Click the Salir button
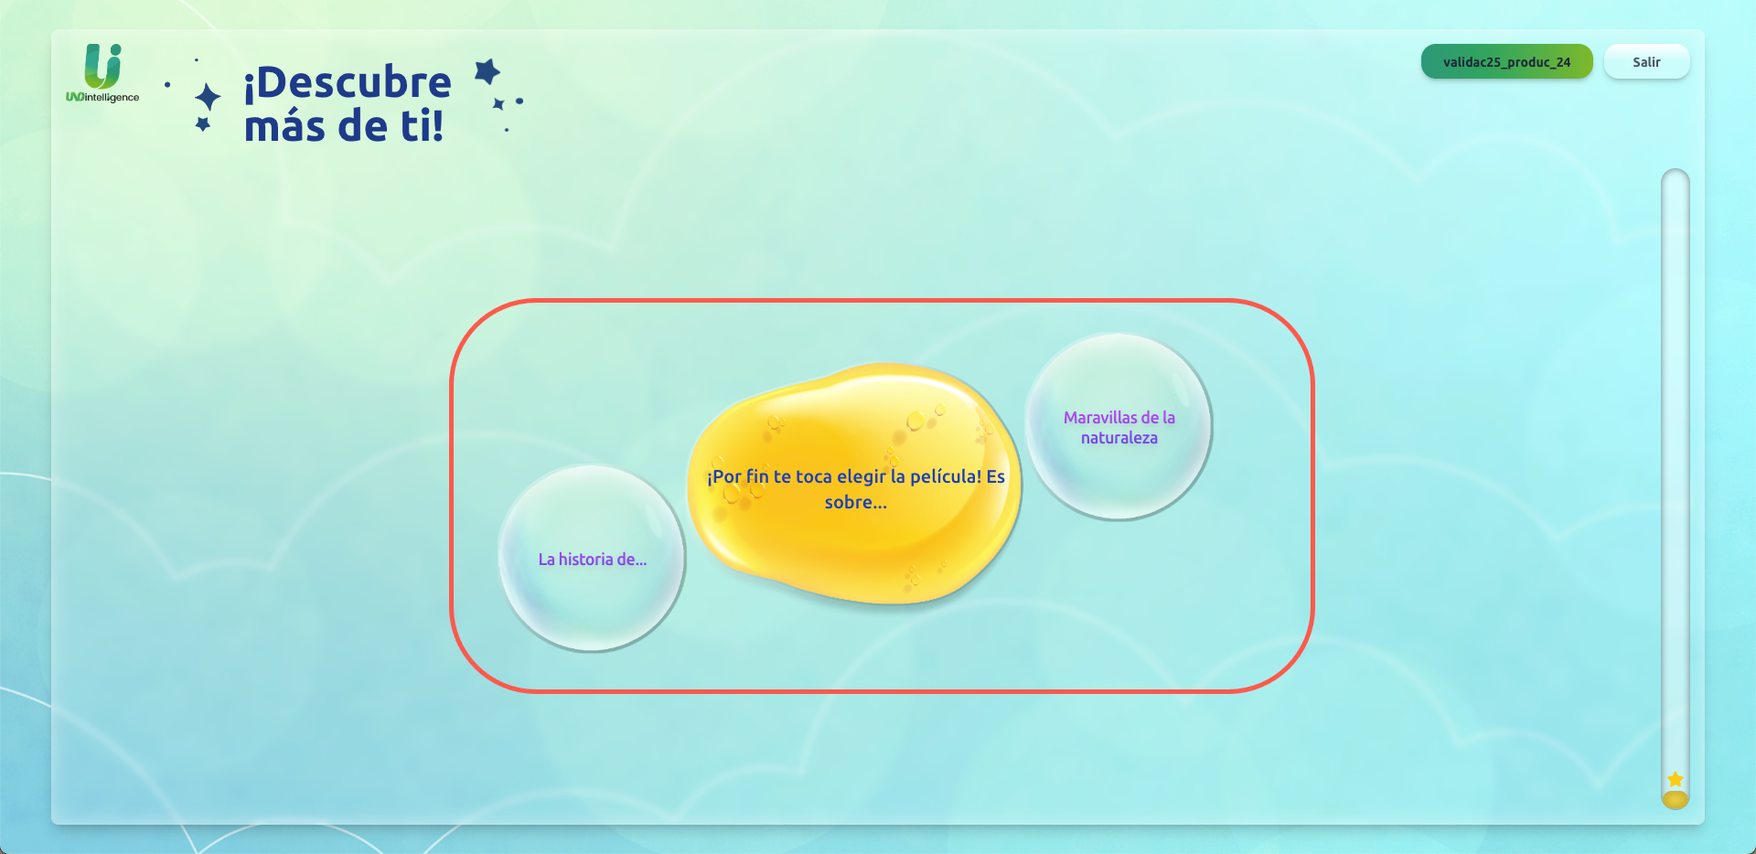[1646, 62]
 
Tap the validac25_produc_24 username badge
[1506, 62]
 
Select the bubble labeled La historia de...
[592, 559]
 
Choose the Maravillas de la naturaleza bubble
[1119, 427]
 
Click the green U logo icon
[102, 66]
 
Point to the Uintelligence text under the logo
[102, 97]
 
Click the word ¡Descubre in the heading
[348, 82]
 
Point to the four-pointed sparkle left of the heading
[208, 97]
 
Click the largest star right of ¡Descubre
[487, 71]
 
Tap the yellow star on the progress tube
[1675, 779]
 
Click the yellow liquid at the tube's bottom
[1675, 800]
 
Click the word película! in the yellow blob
[945, 476]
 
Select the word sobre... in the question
[855, 502]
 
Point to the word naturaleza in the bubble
[1119, 438]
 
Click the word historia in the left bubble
[585, 560]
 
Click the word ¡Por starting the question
[724, 476]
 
